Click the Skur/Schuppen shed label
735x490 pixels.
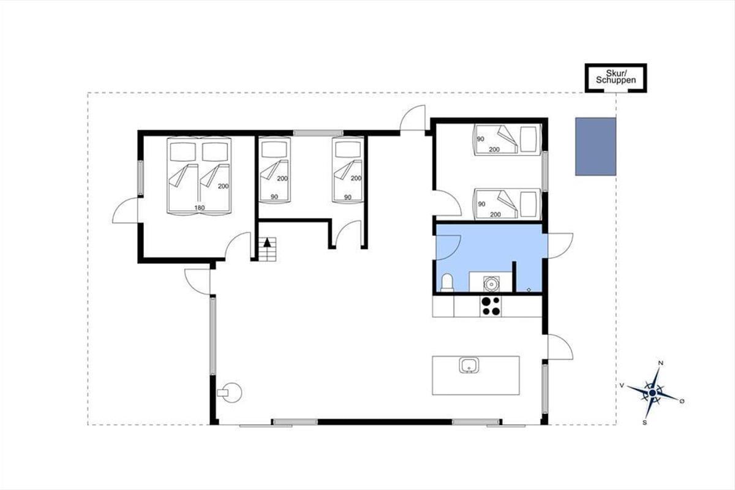[x=616, y=77]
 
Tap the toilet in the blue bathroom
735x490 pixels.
[x=447, y=282]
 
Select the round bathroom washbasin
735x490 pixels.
[x=491, y=283]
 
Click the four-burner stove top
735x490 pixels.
[x=491, y=306]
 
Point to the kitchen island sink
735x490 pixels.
[x=469, y=365]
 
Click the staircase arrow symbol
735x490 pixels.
[x=268, y=243]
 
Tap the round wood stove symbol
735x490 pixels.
[x=230, y=393]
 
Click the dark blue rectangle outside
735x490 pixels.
[x=595, y=147]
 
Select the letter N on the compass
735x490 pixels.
[x=661, y=363]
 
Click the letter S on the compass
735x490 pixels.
[x=644, y=423]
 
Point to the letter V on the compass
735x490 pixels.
[x=622, y=386]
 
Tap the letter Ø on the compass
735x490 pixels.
[x=682, y=401]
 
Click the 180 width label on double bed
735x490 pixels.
[x=200, y=208]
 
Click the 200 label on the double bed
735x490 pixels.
[x=223, y=186]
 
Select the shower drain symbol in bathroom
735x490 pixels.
[x=529, y=290]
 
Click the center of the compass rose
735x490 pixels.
[x=652, y=393]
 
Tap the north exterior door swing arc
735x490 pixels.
[x=410, y=113]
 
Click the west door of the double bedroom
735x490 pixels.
[x=125, y=210]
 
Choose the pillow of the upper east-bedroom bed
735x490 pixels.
[x=528, y=139]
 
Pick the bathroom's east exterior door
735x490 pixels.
[x=560, y=246]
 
